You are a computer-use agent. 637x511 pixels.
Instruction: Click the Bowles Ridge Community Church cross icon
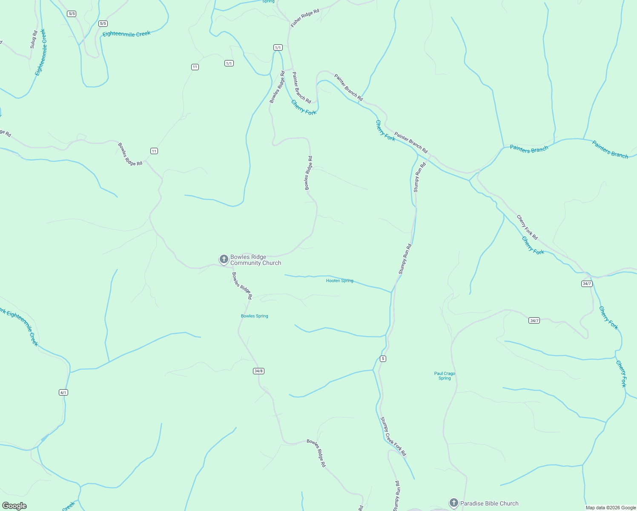pyautogui.click(x=224, y=259)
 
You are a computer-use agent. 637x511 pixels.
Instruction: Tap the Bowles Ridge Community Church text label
pyautogui.click(x=255, y=260)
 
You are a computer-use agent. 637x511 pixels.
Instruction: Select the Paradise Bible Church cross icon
pyautogui.click(x=454, y=503)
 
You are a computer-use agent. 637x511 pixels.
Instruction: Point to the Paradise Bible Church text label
pyautogui.click(x=489, y=503)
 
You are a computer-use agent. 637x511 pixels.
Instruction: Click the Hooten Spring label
pyautogui.click(x=339, y=281)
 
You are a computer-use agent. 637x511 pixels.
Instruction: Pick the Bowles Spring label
pyautogui.click(x=254, y=316)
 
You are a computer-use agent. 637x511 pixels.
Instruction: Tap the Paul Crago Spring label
pyautogui.click(x=445, y=376)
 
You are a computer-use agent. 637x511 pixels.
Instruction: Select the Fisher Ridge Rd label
pyautogui.click(x=305, y=18)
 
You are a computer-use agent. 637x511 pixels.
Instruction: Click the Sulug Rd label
pyautogui.click(x=34, y=39)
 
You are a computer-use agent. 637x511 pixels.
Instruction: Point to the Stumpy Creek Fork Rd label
pyautogui.click(x=393, y=436)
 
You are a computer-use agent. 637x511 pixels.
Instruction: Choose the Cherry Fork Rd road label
pyautogui.click(x=527, y=227)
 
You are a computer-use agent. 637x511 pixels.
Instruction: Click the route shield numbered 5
pyautogui.click(x=383, y=359)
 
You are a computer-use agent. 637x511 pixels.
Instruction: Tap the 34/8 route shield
pyautogui.click(x=258, y=371)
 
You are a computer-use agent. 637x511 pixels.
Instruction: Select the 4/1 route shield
pyautogui.click(x=63, y=392)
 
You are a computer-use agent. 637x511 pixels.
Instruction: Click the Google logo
pyautogui.click(x=14, y=506)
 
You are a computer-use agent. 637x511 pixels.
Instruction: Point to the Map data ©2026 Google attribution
pyautogui.click(x=611, y=508)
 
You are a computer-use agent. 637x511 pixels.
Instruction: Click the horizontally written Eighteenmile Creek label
pyautogui.click(x=126, y=34)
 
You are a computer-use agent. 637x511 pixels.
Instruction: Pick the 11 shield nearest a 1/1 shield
pyautogui.click(x=195, y=67)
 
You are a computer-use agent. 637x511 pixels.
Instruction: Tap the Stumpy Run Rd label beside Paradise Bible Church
pyautogui.click(x=396, y=496)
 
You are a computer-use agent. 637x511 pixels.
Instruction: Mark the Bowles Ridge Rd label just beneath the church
pyautogui.click(x=242, y=285)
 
